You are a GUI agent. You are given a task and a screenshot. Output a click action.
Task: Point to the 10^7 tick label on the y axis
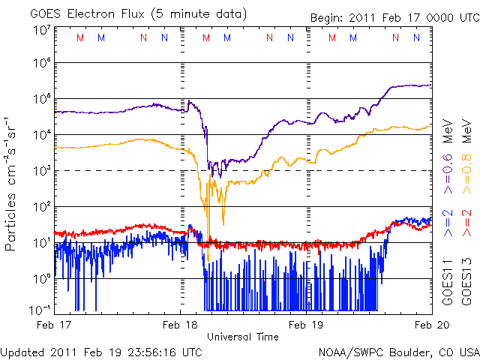(42, 29)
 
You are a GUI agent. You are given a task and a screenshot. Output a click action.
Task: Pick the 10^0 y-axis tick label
(42, 278)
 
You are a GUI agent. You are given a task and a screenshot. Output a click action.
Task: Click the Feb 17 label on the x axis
(55, 325)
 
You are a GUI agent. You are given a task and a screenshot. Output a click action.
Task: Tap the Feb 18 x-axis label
(181, 325)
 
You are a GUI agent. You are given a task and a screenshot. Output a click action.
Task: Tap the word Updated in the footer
(22, 351)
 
